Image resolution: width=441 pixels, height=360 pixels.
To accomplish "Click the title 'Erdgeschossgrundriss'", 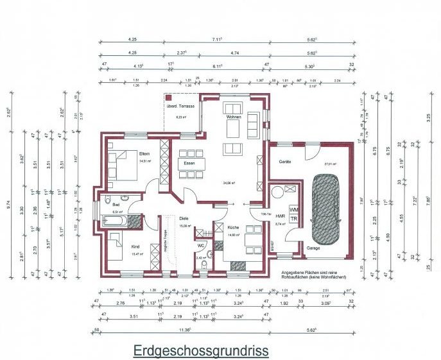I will (x=200, y=351).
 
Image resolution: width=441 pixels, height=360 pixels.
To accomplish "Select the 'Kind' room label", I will (x=135, y=246).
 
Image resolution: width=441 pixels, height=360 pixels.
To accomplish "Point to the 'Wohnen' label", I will (x=233, y=117).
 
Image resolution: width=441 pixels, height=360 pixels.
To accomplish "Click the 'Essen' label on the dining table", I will (x=189, y=164).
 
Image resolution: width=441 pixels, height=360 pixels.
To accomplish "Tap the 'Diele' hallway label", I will (x=184, y=218).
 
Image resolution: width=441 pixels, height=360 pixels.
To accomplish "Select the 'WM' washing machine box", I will (x=294, y=209).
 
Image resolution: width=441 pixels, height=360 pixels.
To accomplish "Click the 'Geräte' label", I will (x=284, y=162).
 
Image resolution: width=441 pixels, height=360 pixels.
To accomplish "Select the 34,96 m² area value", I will (x=229, y=183).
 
